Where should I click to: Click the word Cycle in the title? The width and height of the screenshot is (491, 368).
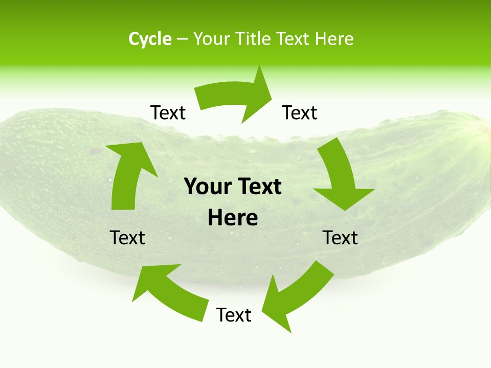(x=150, y=39)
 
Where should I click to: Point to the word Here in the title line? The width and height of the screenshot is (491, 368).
(x=334, y=39)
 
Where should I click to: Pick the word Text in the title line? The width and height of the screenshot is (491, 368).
(x=294, y=39)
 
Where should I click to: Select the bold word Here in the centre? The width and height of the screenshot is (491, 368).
(x=233, y=218)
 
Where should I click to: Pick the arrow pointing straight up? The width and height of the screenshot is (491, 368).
(x=128, y=174)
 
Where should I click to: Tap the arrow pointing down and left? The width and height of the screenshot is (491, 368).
(x=294, y=294)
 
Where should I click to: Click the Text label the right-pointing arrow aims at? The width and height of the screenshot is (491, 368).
(x=300, y=112)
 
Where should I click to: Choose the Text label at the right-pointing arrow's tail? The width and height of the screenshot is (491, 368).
(x=168, y=112)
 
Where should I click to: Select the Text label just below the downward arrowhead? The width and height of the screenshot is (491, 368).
(x=341, y=238)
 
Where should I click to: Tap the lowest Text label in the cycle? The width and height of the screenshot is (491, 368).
(x=234, y=315)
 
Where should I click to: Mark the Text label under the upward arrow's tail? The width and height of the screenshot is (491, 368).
(x=127, y=238)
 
